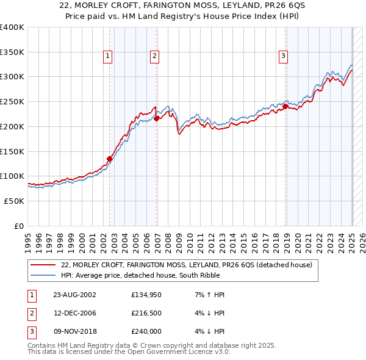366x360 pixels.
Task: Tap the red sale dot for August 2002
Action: click(110, 159)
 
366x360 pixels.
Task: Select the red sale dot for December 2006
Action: click(157, 118)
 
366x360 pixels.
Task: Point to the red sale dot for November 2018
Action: click(285, 106)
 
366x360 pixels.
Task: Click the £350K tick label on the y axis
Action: click(12, 52)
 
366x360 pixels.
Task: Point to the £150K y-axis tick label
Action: click(12, 151)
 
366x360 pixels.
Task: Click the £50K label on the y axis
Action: click(15, 201)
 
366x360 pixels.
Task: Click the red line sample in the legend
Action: click(43, 265)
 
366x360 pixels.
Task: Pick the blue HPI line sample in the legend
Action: click(43, 275)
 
